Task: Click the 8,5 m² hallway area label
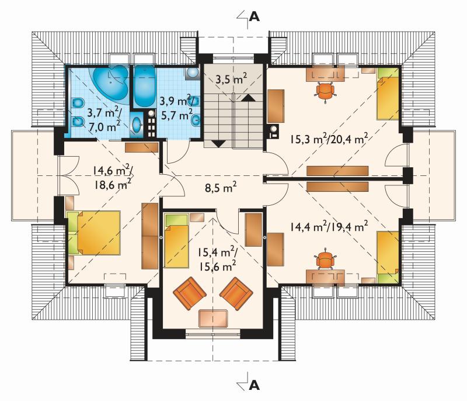click(221, 188)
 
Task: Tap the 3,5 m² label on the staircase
click(231, 79)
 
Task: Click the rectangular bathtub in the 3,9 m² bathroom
click(144, 87)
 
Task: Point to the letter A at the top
click(254, 17)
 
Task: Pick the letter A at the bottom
click(254, 385)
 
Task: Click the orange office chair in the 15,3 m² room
click(325, 91)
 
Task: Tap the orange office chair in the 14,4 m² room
click(325, 260)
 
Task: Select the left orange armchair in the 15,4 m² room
click(189, 293)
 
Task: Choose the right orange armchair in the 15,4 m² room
click(236, 293)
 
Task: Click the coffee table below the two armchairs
click(213, 319)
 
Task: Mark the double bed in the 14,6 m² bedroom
click(94, 233)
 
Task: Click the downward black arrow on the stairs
click(218, 144)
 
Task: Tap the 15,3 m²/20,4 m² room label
click(329, 139)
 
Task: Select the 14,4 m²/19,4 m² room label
click(329, 227)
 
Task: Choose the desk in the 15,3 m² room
click(325, 73)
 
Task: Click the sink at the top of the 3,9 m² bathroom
click(193, 72)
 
